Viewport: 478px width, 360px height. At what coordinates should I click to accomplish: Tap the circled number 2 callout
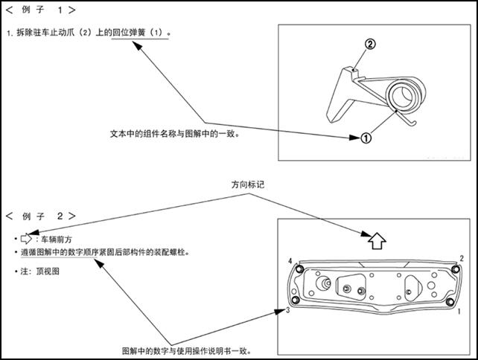[370, 45]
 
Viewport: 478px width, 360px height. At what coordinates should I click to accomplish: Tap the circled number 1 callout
[366, 138]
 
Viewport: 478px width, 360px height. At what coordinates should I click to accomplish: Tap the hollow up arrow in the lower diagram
[377, 240]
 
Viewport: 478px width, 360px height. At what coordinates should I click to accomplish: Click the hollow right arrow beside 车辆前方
[29, 239]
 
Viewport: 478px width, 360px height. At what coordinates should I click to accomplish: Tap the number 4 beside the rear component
[290, 260]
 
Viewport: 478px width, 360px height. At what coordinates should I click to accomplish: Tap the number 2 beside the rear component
[462, 258]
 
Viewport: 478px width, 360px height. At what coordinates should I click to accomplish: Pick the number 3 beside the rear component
[287, 309]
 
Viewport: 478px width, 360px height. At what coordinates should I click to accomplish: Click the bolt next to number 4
[299, 268]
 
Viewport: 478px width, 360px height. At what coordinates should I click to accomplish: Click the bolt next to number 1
[450, 301]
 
